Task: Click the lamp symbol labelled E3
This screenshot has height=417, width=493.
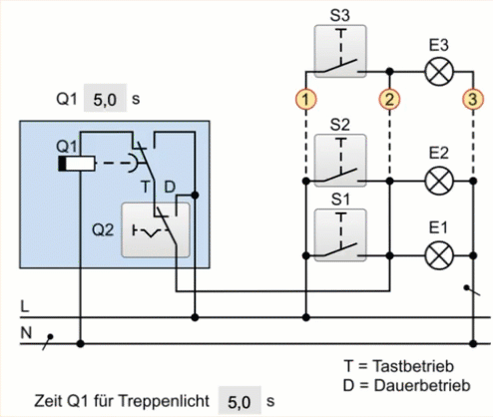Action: coord(439,72)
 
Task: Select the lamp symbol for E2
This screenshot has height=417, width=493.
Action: coord(439,182)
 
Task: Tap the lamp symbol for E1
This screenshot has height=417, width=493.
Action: coord(439,255)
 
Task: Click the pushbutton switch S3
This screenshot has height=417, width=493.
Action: coord(340,51)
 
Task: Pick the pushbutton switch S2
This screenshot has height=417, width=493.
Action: coord(340,161)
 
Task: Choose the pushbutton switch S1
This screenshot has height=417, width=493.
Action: coord(340,235)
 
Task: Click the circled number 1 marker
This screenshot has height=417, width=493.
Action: coord(305,99)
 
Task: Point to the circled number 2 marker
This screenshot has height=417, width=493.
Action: coord(389,99)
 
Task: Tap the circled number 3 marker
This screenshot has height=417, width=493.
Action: coord(473,99)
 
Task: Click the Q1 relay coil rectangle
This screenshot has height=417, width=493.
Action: coord(77,164)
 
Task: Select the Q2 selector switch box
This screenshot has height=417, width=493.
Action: coord(156,230)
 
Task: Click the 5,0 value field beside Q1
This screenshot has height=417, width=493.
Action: coord(105,99)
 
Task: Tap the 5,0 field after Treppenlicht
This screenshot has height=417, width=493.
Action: coord(240,401)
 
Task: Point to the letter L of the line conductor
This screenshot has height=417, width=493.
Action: coord(25,306)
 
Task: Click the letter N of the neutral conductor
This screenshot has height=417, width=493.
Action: coord(26,332)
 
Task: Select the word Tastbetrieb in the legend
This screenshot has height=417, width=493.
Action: coord(413,366)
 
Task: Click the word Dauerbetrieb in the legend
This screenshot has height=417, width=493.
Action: coord(422,386)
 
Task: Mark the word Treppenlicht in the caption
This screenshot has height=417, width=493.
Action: coord(164,401)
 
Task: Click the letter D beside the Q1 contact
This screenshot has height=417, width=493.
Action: coord(170,188)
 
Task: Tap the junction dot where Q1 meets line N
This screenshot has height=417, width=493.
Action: coord(80,343)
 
